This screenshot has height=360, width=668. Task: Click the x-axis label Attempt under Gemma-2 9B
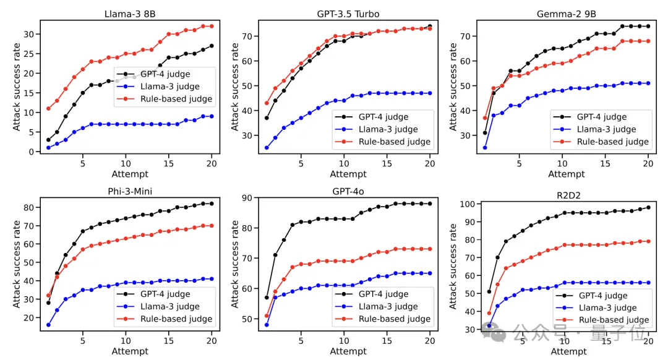coord(566,174)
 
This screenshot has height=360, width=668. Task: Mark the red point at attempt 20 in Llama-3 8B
coord(212,26)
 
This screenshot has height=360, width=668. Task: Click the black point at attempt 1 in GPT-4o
coord(267,298)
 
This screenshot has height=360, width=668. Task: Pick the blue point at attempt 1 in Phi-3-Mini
coord(48,325)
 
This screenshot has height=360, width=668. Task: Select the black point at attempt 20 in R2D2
coord(648,207)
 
